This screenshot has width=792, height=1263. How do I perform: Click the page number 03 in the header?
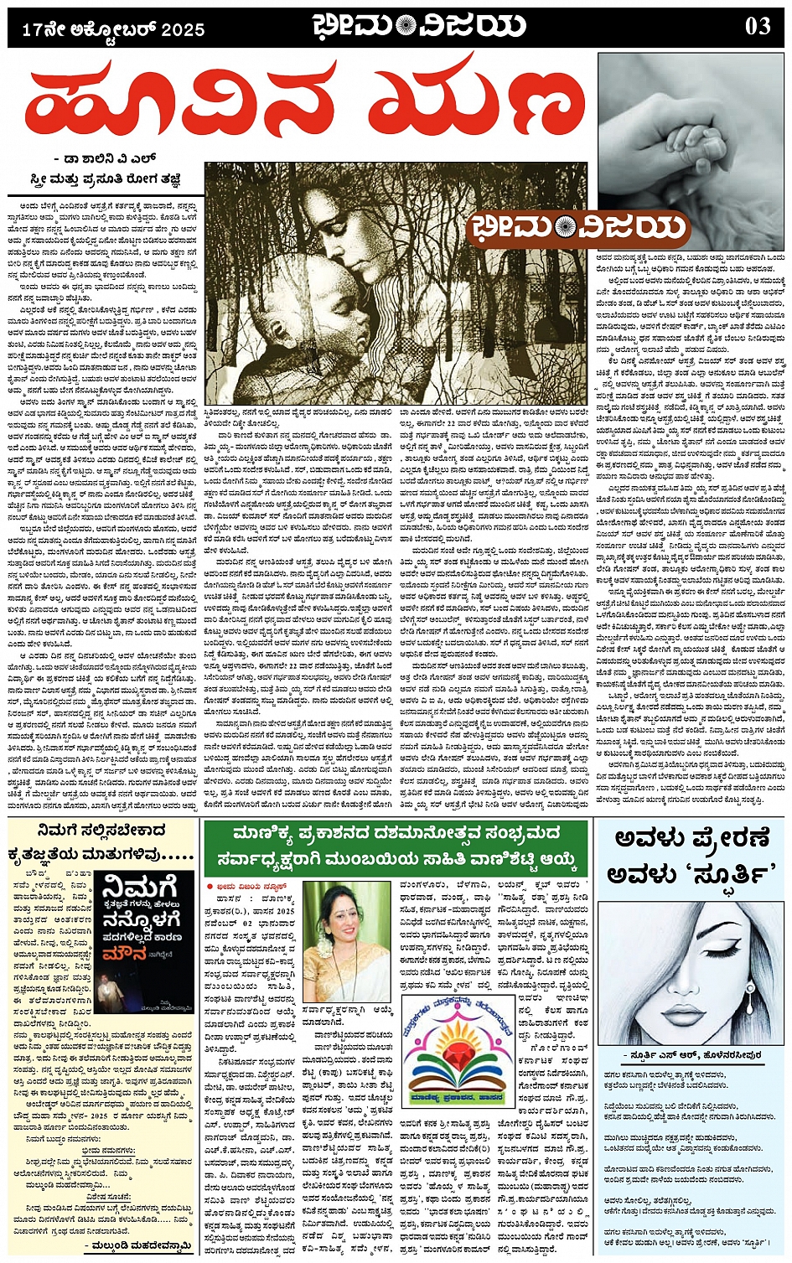[757, 26]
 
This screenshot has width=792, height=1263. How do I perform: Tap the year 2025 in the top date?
[183, 30]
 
